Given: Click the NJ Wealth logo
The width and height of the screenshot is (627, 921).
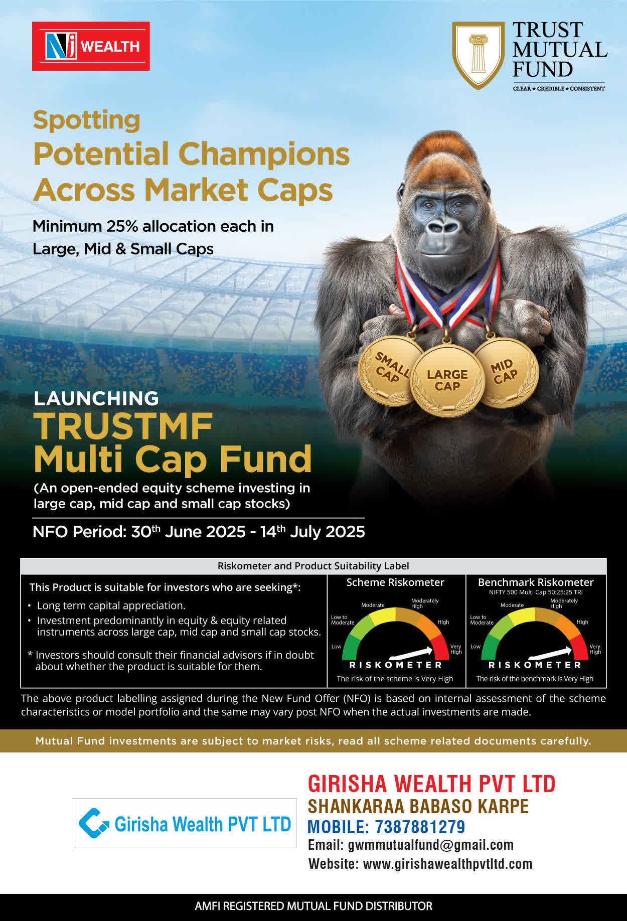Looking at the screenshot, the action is (91, 46).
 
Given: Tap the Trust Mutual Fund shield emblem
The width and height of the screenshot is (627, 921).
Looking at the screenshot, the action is (478, 55).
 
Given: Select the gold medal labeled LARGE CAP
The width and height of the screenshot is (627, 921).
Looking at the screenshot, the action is (447, 381).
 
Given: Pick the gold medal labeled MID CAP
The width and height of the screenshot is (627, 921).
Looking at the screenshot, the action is (506, 372).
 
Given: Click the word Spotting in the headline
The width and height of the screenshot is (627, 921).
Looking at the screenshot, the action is (87, 121).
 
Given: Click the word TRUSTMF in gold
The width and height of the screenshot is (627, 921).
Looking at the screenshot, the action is (123, 426).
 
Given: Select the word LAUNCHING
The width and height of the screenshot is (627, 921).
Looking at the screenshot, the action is (96, 398).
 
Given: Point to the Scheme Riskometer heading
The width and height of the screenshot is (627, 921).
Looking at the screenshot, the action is (395, 582).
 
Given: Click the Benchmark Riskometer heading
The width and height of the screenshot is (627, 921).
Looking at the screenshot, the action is (536, 582).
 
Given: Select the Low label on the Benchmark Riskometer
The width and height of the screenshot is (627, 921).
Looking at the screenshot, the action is (475, 647).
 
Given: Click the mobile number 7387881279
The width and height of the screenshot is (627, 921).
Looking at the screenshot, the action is (420, 827).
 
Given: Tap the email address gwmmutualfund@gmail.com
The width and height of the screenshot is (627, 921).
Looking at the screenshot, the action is (431, 845).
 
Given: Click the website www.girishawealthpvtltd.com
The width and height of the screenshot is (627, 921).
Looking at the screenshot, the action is (447, 864).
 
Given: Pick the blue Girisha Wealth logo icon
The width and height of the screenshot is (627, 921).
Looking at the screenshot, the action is (94, 823).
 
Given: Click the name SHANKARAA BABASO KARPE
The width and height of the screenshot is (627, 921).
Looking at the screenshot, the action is (418, 806).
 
